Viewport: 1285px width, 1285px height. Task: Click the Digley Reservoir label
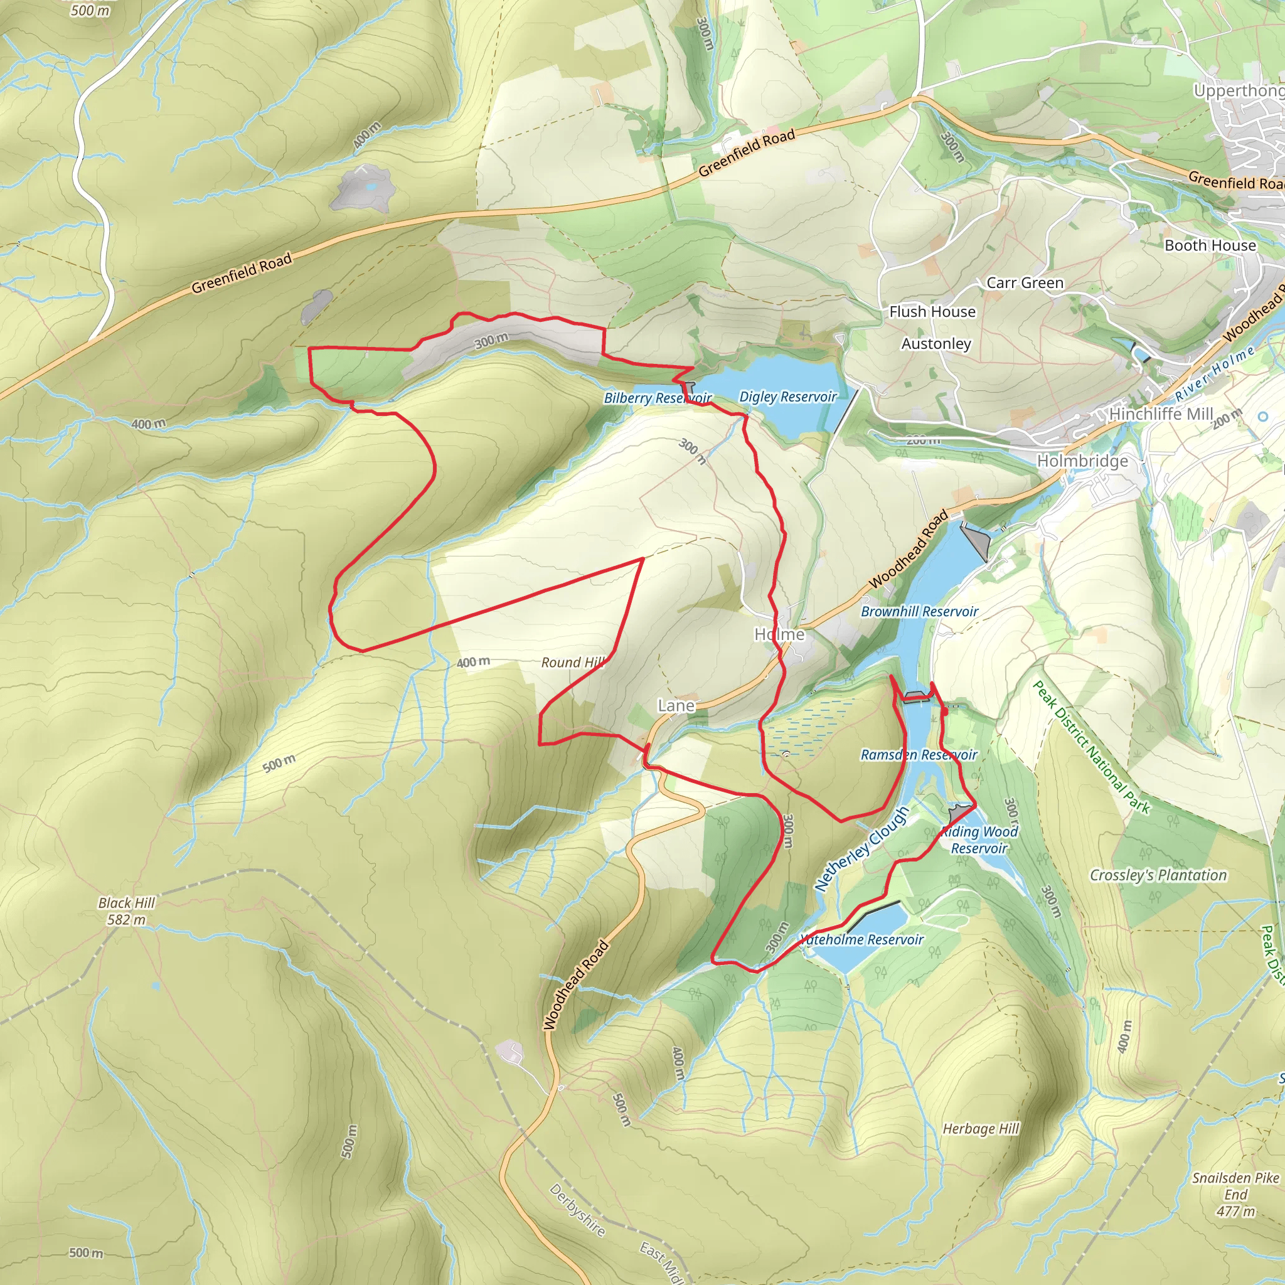[x=787, y=397]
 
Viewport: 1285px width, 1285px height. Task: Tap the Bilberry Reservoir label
[x=657, y=398]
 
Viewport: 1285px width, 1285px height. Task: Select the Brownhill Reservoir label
[x=919, y=611]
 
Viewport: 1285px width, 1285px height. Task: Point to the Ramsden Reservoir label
[x=919, y=755]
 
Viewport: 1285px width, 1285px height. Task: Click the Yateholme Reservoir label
[x=861, y=940]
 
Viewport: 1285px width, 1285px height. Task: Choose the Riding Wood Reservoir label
[x=979, y=840]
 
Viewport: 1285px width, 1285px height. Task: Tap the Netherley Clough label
[x=861, y=850]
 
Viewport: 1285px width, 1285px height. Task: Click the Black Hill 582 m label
[x=126, y=911]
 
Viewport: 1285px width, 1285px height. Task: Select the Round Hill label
[x=573, y=663]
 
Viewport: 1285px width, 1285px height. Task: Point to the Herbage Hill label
[x=981, y=1129]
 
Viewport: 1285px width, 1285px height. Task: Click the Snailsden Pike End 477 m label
[x=1235, y=1195]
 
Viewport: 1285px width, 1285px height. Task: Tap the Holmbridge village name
[x=1083, y=461]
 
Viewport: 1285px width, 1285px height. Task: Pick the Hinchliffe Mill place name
[x=1161, y=413]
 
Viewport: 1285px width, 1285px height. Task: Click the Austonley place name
[x=936, y=344]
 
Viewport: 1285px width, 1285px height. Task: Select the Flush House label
[x=932, y=311]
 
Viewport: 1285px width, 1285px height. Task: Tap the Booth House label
[x=1210, y=245]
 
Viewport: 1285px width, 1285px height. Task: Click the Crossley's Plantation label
[x=1158, y=875]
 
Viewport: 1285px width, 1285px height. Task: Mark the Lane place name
[x=676, y=706]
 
